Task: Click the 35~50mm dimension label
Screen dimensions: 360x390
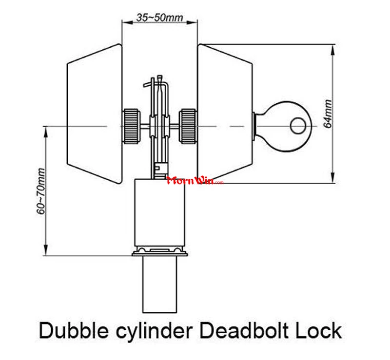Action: click(x=159, y=18)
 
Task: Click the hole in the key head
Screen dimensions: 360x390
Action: click(x=297, y=126)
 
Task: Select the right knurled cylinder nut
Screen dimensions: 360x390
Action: click(x=188, y=127)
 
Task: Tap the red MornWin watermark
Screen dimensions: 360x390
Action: click(x=194, y=181)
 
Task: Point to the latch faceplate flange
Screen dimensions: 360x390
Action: click(x=159, y=252)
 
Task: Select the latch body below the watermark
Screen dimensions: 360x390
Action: click(x=159, y=214)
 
